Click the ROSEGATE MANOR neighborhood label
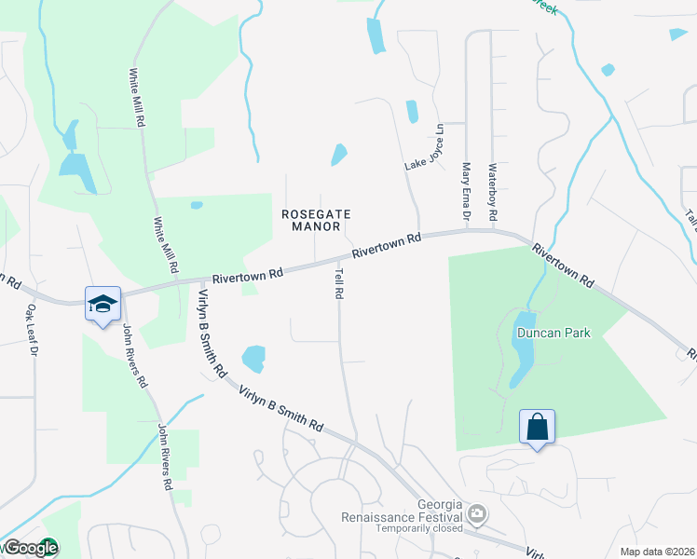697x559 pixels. click(x=316, y=220)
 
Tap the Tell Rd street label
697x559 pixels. click(x=339, y=280)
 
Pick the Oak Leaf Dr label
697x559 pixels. click(x=31, y=331)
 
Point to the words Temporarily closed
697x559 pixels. click(x=419, y=528)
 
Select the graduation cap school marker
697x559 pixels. click(x=102, y=303)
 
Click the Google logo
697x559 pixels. click(x=31, y=549)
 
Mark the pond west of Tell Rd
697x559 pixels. click(x=253, y=358)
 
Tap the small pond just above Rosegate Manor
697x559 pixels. click(x=339, y=155)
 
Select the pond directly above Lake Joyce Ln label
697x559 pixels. click(x=412, y=112)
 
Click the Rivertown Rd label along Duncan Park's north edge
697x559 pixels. click(x=563, y=265)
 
